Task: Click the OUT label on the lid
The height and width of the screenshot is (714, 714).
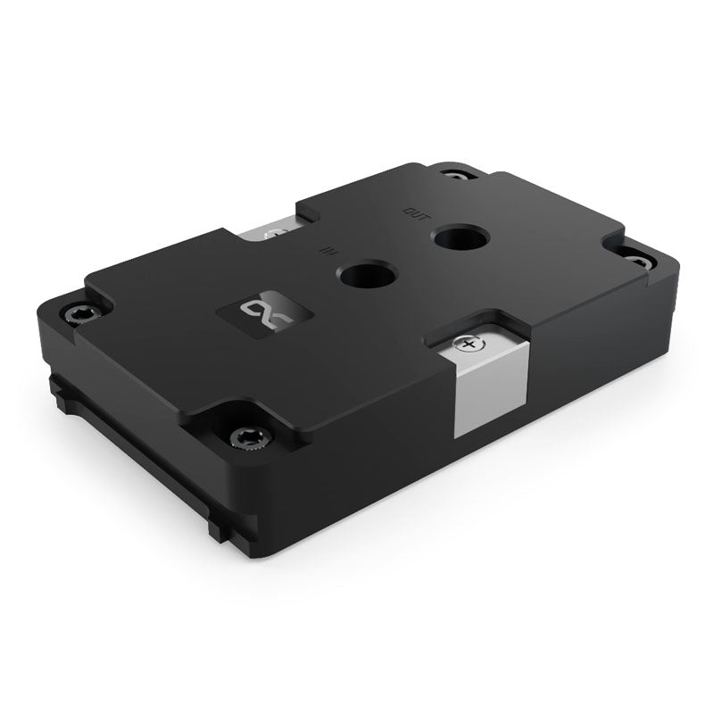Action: tap(416, 212)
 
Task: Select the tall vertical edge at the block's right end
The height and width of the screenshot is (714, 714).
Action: tap(669, 303)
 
